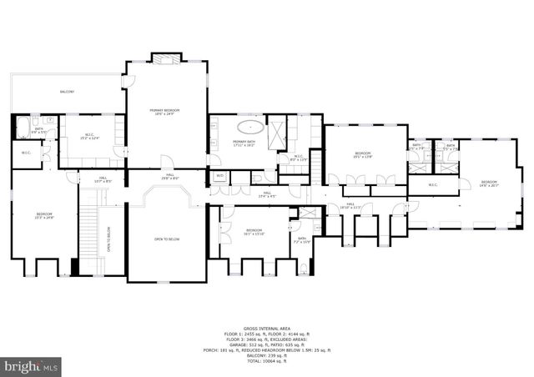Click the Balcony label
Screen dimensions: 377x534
click(x=67, y=92)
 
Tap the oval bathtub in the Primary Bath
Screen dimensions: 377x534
click(x=249, y=128)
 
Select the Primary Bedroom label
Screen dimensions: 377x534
click(x=165, y=112)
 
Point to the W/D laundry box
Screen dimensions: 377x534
click(x=219, y=176)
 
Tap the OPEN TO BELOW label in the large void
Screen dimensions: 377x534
click(x=167, y=239)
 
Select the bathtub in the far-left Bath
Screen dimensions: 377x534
click(x=22, y=128)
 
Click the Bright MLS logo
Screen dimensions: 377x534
click(x=32, y=365)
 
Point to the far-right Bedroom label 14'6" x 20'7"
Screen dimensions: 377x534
click(x=488, y=183)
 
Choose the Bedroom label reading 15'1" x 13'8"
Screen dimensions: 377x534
click(x=362, y=155)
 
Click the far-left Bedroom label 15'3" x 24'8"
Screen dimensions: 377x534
click(x=44, y=216)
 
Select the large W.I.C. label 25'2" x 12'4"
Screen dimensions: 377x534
click(x=88, y=137)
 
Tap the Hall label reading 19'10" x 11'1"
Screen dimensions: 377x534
click(x=350, y=205)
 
